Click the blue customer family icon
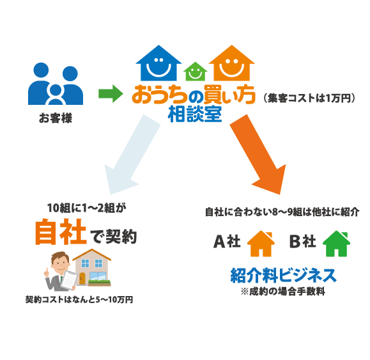pos(56,86)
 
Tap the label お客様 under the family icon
pos(55,118)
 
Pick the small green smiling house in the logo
pos(194,70)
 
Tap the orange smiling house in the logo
pos(231,63)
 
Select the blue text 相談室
pos(194,115)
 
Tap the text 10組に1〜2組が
pos(88,208)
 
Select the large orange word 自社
pos(60,232)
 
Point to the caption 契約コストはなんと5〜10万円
pos(79,299)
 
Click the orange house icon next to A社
pos(260,244)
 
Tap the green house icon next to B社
pos(335,244)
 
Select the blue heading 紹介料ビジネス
pos(283,276)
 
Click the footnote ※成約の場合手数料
pos(283,292)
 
